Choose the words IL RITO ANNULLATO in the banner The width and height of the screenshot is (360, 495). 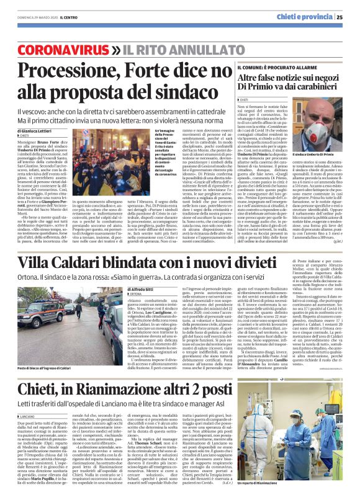coord(167,48)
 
